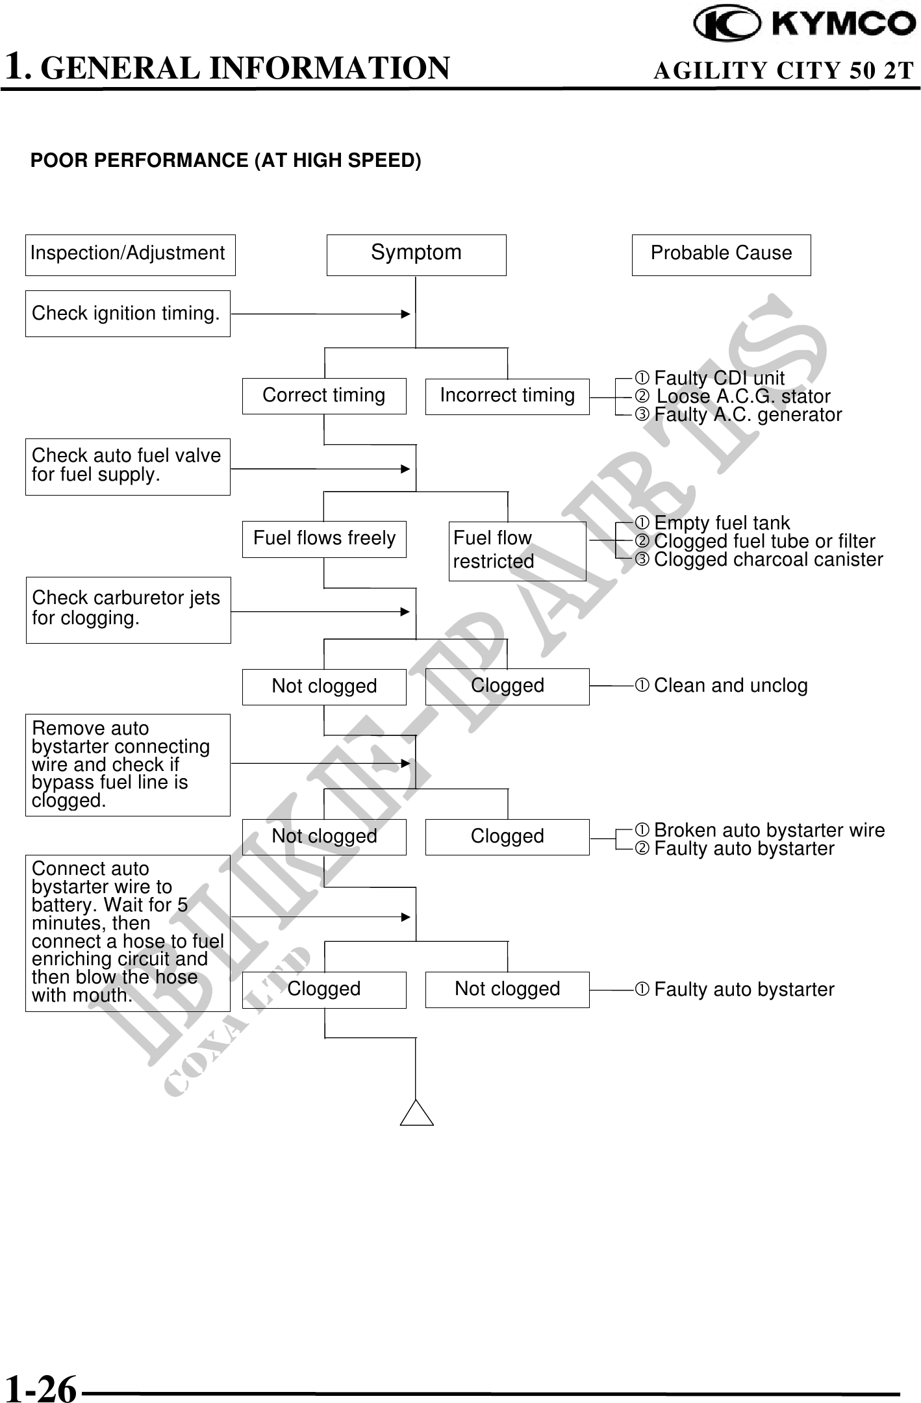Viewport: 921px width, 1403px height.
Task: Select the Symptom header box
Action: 416,255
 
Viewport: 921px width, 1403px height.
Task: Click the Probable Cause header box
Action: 721,255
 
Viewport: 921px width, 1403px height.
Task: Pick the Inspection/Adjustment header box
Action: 130,255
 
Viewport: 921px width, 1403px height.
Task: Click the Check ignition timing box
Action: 127,314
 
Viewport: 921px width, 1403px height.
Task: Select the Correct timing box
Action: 324,396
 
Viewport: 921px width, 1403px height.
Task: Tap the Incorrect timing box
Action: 507,396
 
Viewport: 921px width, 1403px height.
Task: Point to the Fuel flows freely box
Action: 324,539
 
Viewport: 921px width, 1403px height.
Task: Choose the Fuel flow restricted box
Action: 517,551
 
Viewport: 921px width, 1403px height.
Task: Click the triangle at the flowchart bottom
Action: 417,1115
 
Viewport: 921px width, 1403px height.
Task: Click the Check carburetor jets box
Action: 128,610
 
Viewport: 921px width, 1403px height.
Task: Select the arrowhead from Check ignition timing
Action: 406,314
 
